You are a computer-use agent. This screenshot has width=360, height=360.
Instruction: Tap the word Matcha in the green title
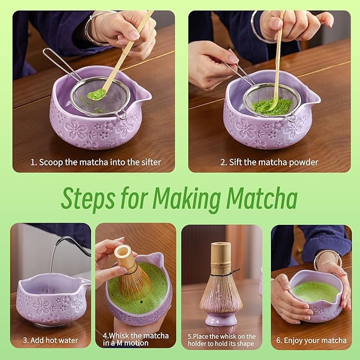coord(261,199)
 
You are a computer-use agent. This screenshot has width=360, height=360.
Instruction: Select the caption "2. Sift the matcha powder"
coord(269,162)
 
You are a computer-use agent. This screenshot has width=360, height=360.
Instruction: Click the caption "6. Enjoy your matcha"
coord(311,340)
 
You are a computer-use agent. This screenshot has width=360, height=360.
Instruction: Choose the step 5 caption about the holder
coord(222,340)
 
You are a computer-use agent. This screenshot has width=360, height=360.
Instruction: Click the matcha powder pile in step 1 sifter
coord(96,94)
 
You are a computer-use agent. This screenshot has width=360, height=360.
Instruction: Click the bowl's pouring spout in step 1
coord(142,96)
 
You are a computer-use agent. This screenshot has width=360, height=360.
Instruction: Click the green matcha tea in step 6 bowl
coord(315,291)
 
